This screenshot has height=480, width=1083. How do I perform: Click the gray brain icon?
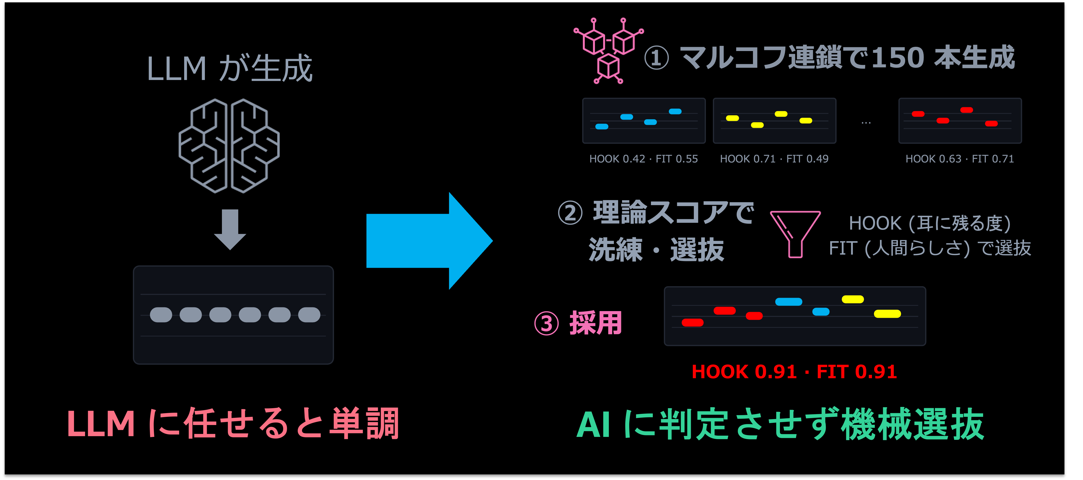229,146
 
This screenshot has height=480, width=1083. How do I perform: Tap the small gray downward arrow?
230,229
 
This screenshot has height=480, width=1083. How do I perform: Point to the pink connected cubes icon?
608,51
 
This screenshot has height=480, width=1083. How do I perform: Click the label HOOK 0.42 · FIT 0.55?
643,159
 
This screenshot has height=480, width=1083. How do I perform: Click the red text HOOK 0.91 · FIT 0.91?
794,372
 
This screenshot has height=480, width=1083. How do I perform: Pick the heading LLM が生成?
230,69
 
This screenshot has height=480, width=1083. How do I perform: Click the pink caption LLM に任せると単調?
233,424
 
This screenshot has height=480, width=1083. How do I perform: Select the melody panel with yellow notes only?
774,121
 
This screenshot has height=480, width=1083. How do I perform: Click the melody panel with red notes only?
960,121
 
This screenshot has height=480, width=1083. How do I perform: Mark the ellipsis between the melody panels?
866,123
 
